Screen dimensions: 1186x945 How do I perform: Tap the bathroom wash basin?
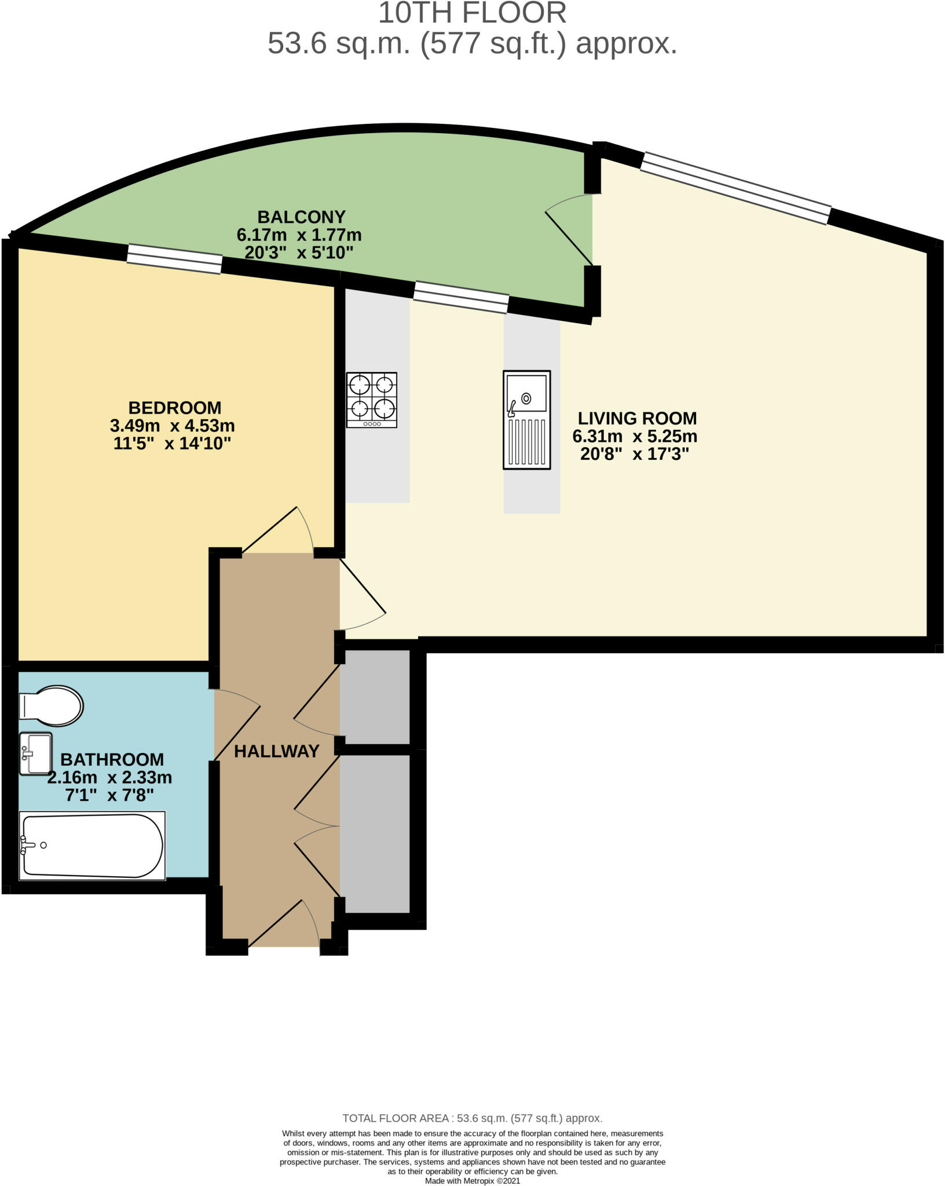tap(36, 753)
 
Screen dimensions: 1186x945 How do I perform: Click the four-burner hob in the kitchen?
tap(372, 400)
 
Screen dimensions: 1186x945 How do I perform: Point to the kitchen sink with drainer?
tap(526, 419)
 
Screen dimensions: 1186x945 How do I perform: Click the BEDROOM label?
tap(175, 408)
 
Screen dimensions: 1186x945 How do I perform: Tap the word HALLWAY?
tap(277, 751)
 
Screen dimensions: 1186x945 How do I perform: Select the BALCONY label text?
tap(301, 217)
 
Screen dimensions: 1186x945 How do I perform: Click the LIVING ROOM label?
tap(637, 418)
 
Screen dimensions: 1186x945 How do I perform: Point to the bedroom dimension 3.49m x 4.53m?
tap(173, 426)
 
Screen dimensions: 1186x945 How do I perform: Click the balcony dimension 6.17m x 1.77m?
tap(299, 235)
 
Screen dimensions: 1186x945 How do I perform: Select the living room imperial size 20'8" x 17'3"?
tap(635, 454)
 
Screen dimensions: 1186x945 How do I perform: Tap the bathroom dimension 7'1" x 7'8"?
tap(109, 795)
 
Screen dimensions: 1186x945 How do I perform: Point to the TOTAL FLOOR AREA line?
tap(472, 1118)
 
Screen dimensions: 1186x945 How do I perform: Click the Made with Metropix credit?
tap(473, 1180)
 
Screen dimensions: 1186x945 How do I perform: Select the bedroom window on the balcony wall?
tap(174, 258)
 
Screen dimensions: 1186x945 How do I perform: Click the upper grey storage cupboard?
tap(375, 697)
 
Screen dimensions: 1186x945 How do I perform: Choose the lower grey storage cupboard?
tap(375, 833)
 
